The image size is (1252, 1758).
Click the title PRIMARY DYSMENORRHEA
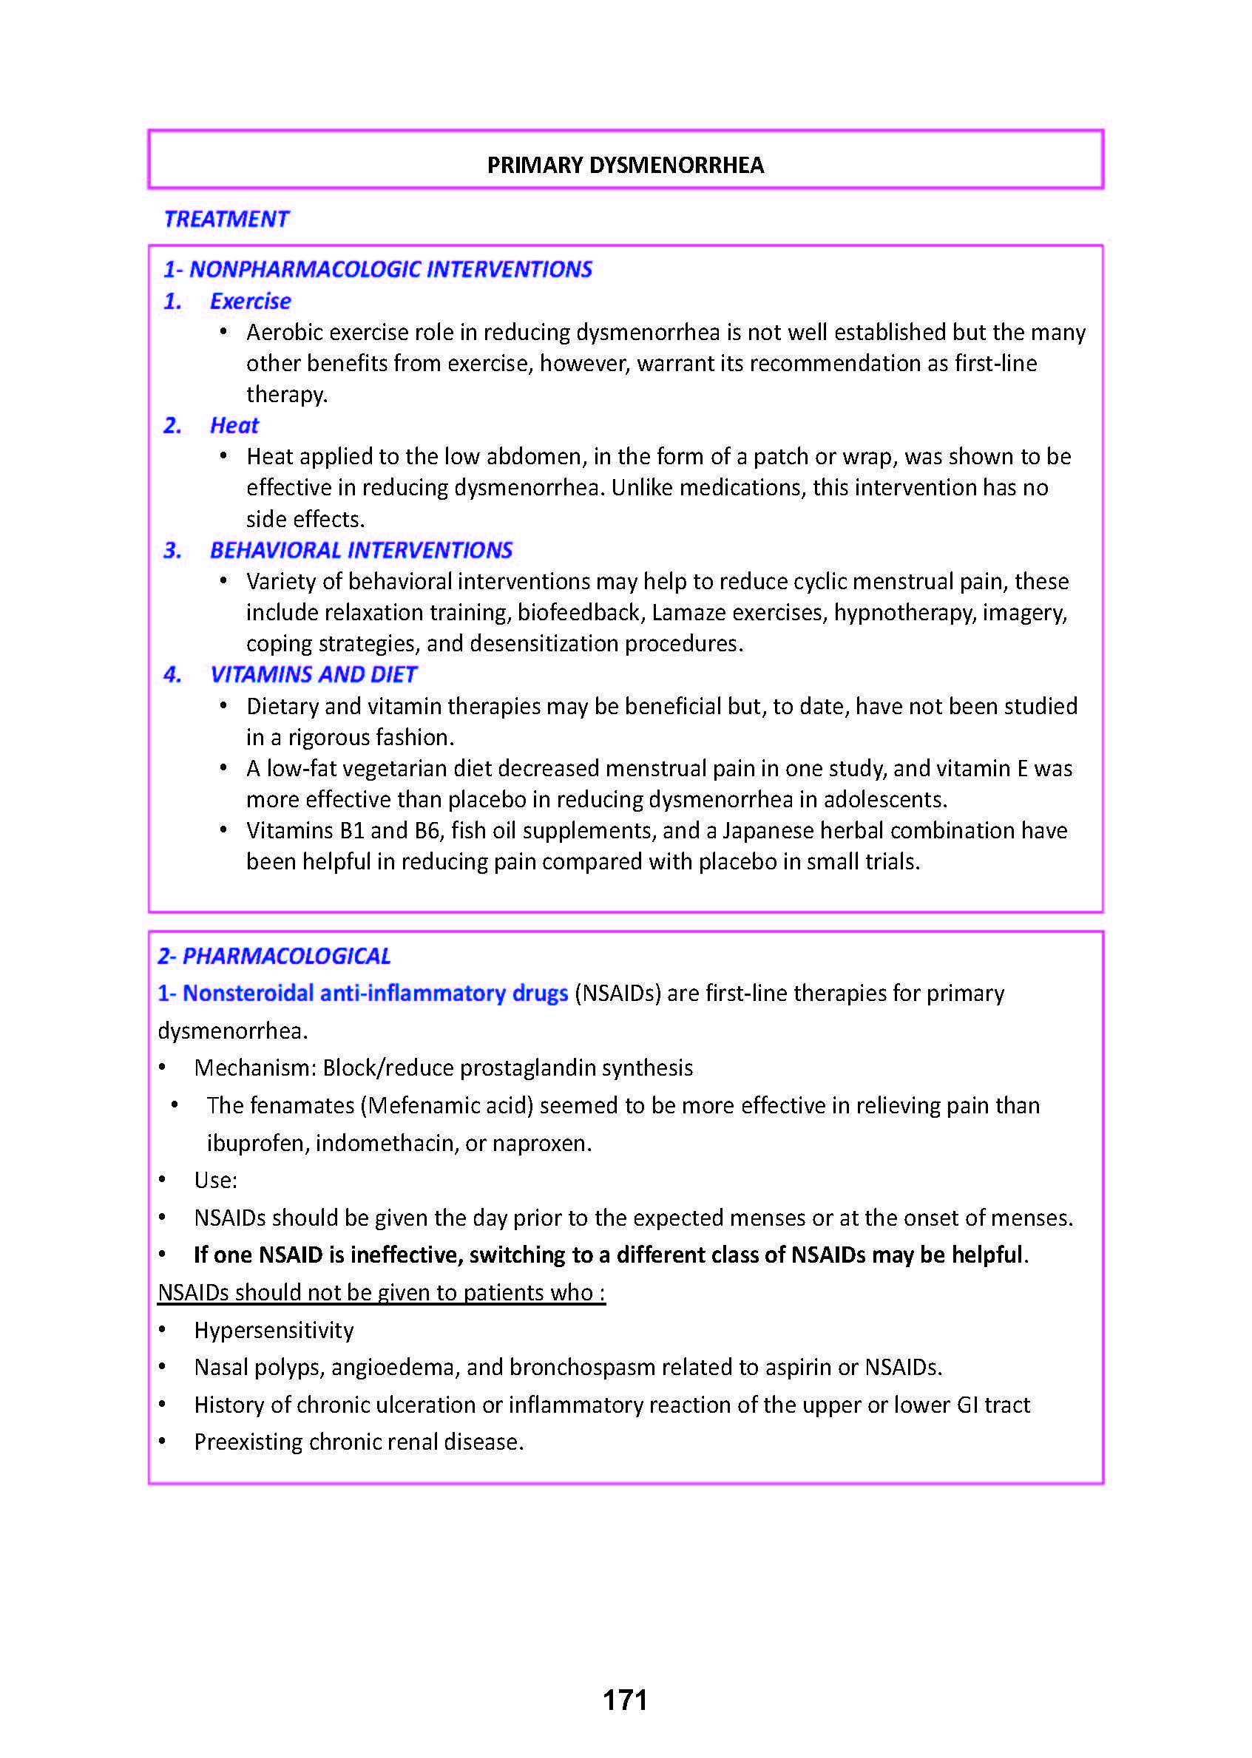(624, 165)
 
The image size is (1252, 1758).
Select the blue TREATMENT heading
(226, 219)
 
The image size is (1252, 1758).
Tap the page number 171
(624, 1700)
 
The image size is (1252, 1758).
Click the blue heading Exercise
(250, 302)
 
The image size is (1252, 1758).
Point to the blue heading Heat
(234, 425)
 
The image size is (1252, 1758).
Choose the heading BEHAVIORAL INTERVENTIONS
(361, 550)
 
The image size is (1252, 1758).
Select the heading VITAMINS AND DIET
(313, 674)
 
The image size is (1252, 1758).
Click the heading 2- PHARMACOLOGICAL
(274, 956)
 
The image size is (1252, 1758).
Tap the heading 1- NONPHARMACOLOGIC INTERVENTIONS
(377, 269)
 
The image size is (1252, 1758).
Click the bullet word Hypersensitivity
(274, 1330)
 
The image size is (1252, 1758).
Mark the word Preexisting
(248, 1442)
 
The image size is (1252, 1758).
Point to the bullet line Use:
(216, 1180)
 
